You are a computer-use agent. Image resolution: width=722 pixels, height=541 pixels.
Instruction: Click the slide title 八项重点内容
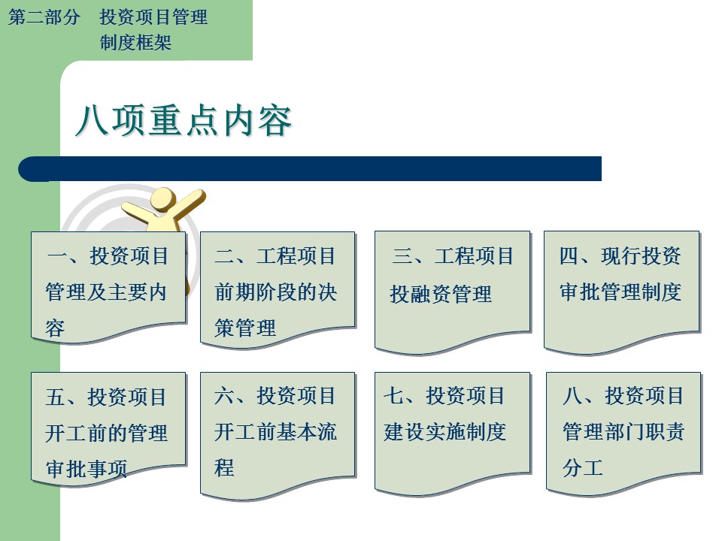(184, 120)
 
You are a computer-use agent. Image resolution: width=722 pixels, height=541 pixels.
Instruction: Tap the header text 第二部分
(44, 17)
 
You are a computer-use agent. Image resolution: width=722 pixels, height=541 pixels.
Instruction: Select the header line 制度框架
(135, 43)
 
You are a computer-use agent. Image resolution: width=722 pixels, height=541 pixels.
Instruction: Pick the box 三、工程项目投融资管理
(452, 292)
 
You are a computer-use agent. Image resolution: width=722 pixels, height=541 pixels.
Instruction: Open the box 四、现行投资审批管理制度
(622, 292)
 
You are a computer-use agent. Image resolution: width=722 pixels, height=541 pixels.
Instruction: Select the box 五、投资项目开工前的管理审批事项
(108, 428)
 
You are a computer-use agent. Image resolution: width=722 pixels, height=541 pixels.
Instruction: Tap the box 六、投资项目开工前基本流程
(278, 435)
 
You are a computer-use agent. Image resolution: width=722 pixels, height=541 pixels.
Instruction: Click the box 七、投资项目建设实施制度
(452, 434)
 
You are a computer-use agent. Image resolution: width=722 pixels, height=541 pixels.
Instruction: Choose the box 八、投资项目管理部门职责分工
(623, 434)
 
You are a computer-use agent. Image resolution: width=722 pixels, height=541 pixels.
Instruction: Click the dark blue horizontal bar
(310, 169)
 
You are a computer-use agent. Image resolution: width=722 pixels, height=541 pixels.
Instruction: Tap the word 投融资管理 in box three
(441, 294)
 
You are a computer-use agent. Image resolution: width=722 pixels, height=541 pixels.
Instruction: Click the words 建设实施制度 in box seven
(444, 432)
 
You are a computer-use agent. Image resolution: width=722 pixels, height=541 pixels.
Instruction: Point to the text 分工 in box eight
(582, 468)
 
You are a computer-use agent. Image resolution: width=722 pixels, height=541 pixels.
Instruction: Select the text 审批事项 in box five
(86, 469)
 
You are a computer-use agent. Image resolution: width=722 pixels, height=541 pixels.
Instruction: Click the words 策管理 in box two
(245, 328)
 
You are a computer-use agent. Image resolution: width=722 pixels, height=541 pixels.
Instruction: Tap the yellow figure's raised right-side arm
(189, 203)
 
